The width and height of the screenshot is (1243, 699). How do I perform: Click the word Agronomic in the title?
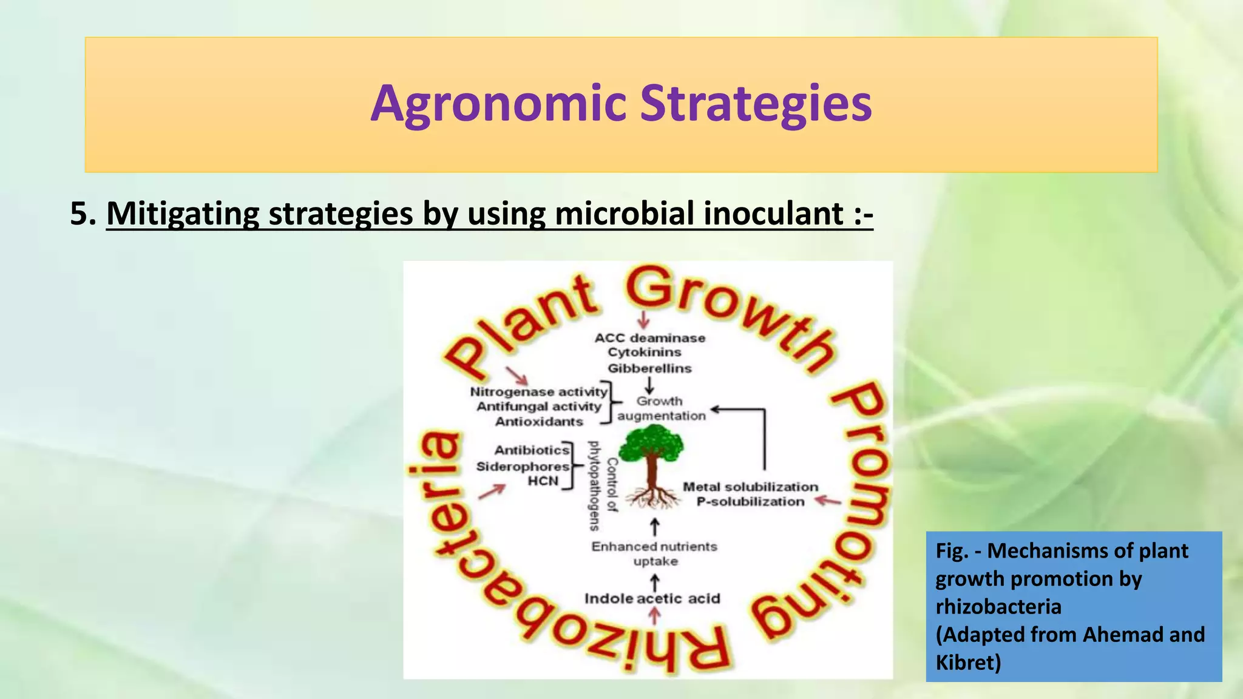pos(498,104)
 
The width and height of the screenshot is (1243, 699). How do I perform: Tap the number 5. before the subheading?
pos(83,214)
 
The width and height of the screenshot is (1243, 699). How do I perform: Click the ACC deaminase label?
pos(649,338)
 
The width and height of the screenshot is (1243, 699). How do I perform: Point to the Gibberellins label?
pos(649,368)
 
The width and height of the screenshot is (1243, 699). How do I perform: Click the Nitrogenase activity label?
pos(538,392)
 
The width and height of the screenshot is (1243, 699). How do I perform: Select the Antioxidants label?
pos(539,422)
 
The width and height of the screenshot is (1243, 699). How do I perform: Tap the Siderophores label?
pos(523,467)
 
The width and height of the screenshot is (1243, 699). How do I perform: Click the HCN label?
pos(543,481)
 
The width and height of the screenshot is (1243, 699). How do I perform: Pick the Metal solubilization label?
pos(750,487)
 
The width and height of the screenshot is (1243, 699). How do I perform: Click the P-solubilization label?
pos(750,502)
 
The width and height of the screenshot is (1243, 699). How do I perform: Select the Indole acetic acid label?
pos(652,599)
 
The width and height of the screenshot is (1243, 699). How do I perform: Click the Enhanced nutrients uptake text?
pos(654,553)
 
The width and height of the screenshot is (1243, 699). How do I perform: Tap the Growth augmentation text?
pos(661,408)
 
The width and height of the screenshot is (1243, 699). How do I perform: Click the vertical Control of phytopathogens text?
pos(603,485)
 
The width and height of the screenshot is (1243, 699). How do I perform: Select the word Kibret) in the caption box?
pos(968,662)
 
